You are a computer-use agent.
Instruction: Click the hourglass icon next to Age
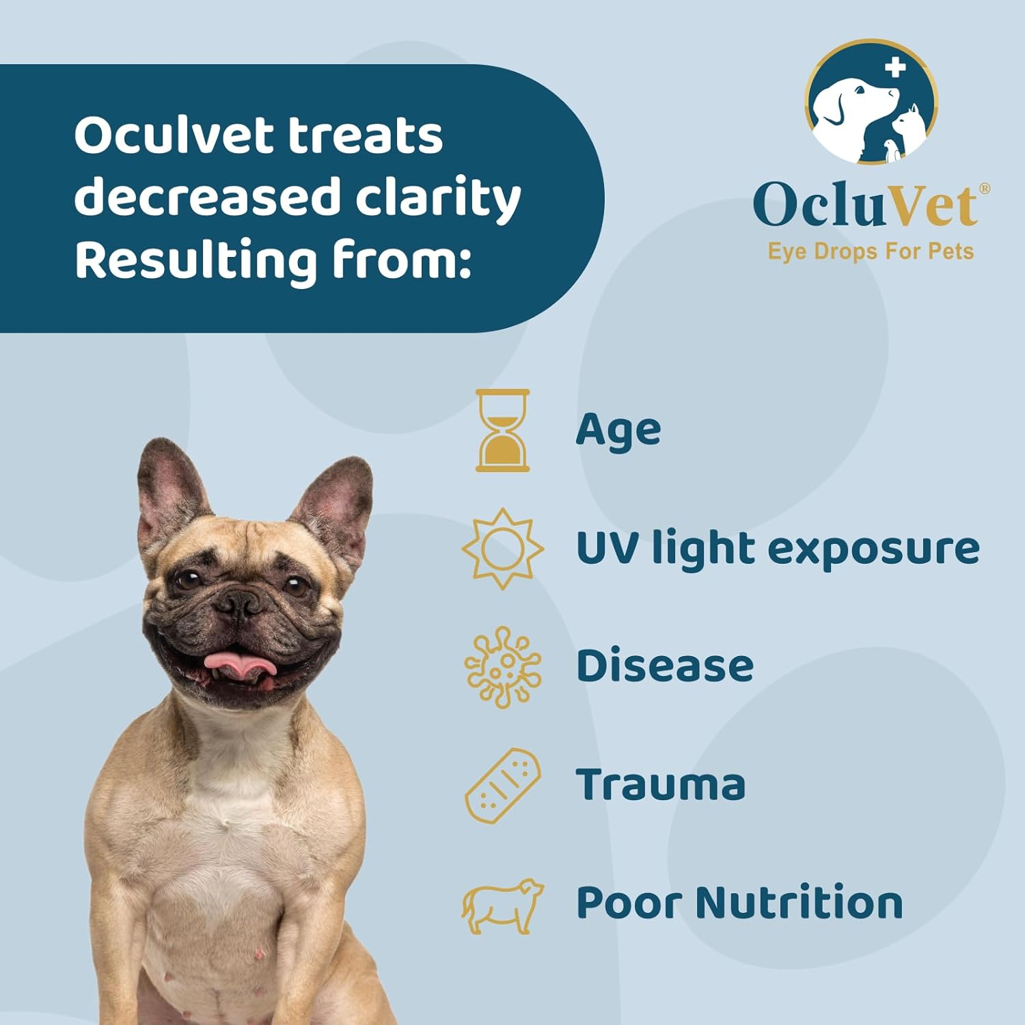(x=502, y=430)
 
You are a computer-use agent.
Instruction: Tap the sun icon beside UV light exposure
(x=502, y=548)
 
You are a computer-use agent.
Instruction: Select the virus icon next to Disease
(x=502, y=667)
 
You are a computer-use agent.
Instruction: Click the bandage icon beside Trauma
(x=502, y=786)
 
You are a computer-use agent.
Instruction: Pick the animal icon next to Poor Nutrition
(x=502, y=906)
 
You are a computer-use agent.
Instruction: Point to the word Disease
(x=664, y=666)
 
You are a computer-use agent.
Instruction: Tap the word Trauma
(x=660, y=784)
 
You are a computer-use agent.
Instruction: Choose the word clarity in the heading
(x=437, y=198)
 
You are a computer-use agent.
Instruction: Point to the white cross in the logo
(x=894, y=67)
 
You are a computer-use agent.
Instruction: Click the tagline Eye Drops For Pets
(x=871, y=251)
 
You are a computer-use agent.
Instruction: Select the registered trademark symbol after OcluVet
(x=984, y=189)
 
